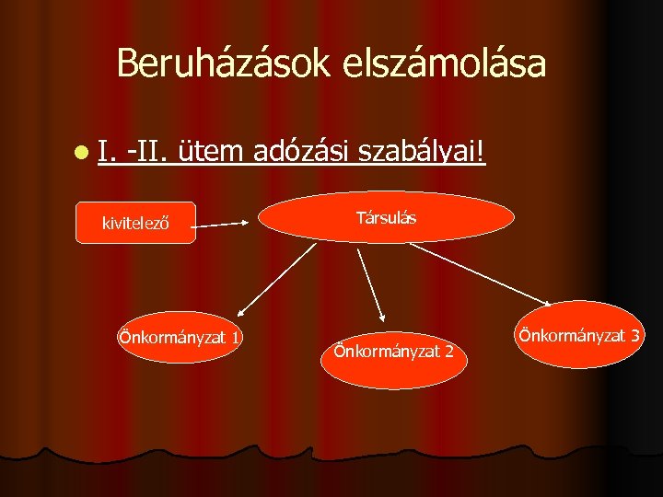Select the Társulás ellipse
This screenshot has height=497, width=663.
tap(386, 218)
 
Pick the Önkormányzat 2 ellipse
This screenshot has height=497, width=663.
tap(394, 351)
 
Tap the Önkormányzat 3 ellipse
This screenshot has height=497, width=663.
tap(578, 335)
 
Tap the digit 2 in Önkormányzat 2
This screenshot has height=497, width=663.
tap(448, 351)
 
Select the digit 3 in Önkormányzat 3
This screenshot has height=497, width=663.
tap(635, 335)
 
